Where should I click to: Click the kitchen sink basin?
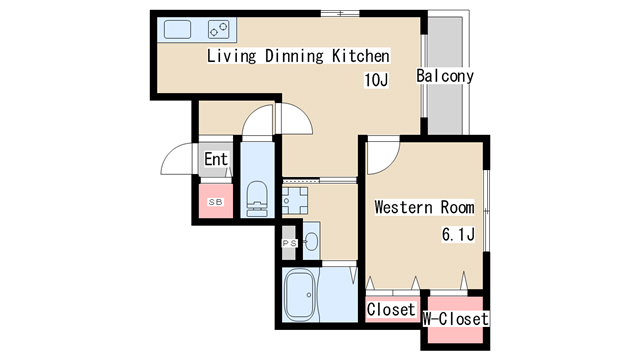(x=178, y=29)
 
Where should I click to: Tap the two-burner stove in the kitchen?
(x=218, y=29)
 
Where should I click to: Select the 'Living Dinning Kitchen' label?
(x=298, y=56)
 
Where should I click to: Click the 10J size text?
(x=376, y=80)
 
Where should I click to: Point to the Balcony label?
(x=445, y=76)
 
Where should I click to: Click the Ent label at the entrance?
(x=216, y=159)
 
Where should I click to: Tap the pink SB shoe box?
(x=216, y=201)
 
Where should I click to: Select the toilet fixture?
(x=257, y=199)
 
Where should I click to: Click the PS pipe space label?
(x=290, y=243)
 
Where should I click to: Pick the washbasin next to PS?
(x=312, y=241)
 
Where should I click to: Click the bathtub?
(x=300, y=295)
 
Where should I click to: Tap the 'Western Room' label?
(x=424, y=207)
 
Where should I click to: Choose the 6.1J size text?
(x=458, y=235)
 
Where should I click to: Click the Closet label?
(x=391, y=309)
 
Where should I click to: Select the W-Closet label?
(x=456, y=319)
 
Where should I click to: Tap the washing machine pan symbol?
(x=295, y=200)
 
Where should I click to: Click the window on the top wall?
(x=340, y=14)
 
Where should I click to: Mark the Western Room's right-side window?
(x=486, y=211)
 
